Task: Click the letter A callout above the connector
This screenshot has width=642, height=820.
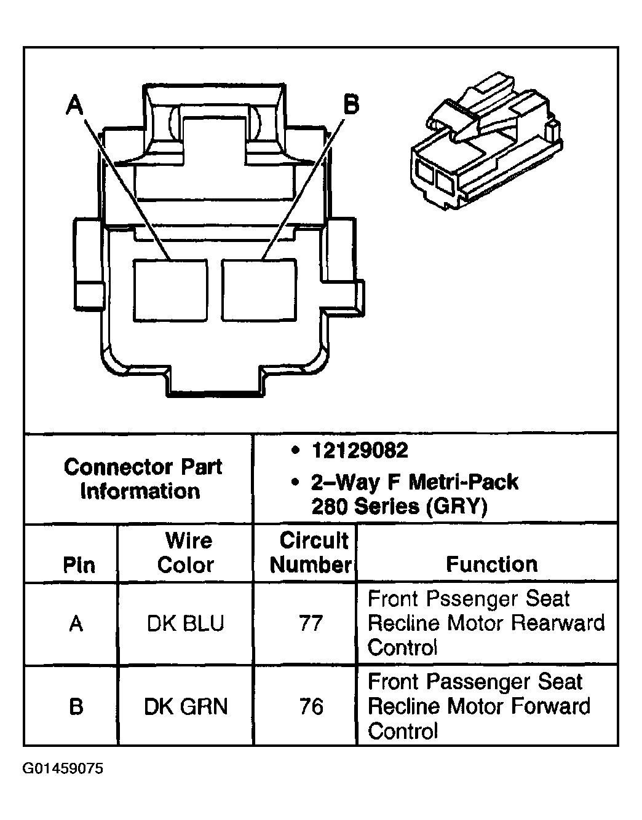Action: click(x=75, y=105)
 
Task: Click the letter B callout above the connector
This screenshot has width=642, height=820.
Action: click(x=351, y=104)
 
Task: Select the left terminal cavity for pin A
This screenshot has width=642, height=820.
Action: click(x=170, y=290)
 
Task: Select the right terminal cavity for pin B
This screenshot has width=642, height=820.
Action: click(x=259, y=290)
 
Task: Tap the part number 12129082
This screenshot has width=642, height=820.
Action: click(x=360, y=451)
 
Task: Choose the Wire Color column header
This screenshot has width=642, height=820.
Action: click(x=186, y=553)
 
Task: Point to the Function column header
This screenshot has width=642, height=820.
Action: click(x=491, y=564)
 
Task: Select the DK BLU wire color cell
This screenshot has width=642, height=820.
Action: click(x=186, y=624)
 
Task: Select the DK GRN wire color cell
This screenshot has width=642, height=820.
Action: click(x=186, y=706)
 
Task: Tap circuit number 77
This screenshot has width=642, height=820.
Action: click(x=310, y=624)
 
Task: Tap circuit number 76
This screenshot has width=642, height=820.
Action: click(x=311, y=706)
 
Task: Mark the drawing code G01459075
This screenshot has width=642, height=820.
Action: click(x=63, y=768)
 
